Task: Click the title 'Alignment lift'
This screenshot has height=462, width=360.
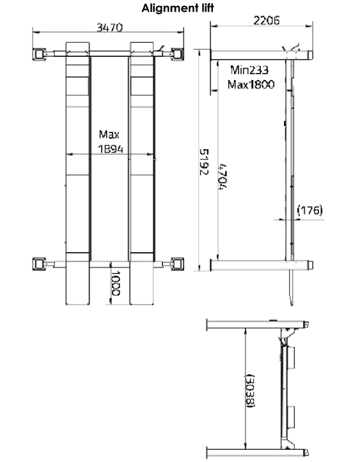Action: [x=178, y=8]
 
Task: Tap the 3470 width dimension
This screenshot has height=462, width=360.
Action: [x=109, y=28]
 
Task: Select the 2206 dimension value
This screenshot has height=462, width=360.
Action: [x=267, y=20]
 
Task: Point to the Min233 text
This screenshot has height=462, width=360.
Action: [x=249, y=70]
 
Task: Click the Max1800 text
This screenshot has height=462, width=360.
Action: [x=251, y=84]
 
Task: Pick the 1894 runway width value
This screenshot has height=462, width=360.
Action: [x=111, y=149]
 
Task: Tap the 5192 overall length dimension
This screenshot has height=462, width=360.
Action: [x=204, y=162]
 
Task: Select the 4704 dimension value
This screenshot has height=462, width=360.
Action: [x=223, y=177]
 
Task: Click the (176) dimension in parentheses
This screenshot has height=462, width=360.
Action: [x=310, y=211]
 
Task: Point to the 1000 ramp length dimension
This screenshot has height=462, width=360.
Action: [x=115, y=283]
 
